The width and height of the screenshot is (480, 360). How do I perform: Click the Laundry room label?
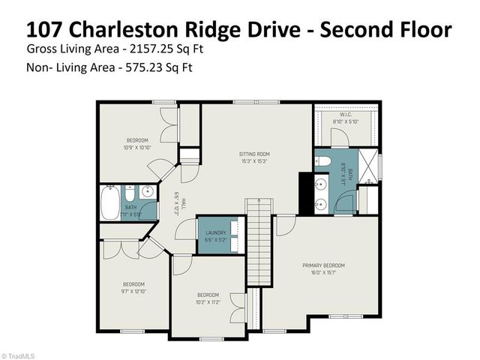click(x=216, y=232)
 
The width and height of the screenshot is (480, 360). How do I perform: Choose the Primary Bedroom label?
click(x=323, y=265)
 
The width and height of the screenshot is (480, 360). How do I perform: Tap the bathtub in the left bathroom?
click(x=111, y=202)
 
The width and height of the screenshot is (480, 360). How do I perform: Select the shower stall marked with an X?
click(x=368, y=166)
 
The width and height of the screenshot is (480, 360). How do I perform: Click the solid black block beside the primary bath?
click(x=306, y=193)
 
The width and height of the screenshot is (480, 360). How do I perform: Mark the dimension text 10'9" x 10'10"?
click(x=136, y=148)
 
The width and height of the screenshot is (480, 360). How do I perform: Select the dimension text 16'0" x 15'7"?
click(x=323, y=272)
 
